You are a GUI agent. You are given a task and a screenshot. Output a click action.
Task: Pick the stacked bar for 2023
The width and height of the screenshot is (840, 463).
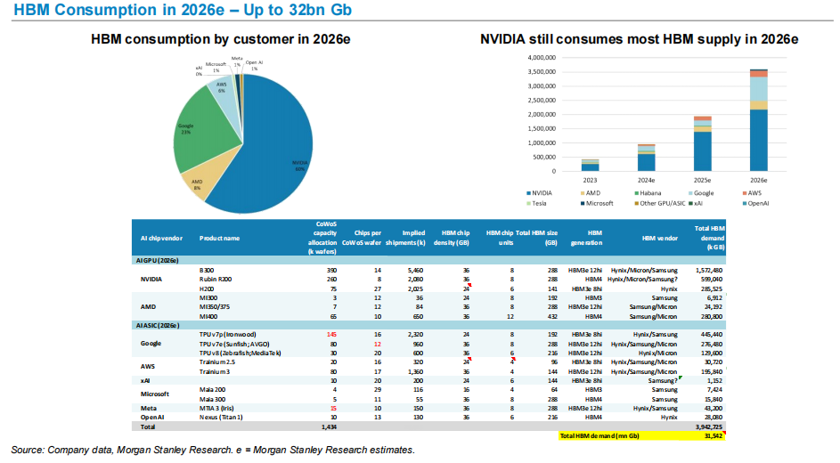590,166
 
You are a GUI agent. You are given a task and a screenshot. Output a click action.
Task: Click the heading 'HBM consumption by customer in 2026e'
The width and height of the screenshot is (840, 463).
220,39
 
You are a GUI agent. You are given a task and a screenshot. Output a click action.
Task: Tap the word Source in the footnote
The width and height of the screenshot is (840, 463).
28,450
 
